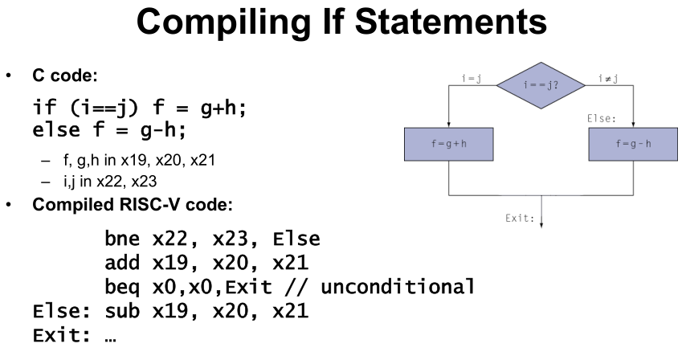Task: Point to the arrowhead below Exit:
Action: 541,224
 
